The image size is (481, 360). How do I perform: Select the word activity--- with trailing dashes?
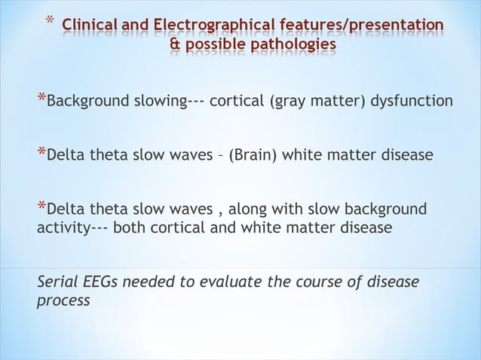tap(72, 227)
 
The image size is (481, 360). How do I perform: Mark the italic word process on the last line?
tap(63, 300)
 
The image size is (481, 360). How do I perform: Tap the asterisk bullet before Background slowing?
tap(41, 99)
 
